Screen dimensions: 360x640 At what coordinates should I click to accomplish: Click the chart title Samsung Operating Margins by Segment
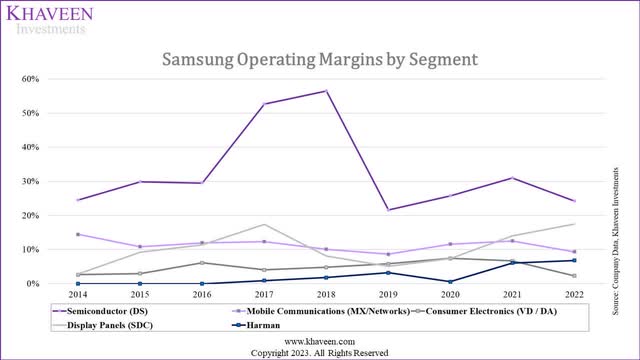(x=320, y=60)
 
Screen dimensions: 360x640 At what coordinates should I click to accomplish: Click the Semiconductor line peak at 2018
(x=325, y=91)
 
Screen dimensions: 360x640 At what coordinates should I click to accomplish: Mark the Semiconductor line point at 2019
(x=387, y=210)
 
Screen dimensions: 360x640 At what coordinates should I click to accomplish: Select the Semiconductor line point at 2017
(x=263, y=104)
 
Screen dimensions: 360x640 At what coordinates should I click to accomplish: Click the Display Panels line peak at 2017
(x=263, y=225)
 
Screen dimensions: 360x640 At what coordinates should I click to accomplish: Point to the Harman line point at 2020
(x=449, y=282)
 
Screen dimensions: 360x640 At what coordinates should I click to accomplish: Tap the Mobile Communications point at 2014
(x=77, y=234)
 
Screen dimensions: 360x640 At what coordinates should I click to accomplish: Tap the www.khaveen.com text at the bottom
(x=320, y=341)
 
